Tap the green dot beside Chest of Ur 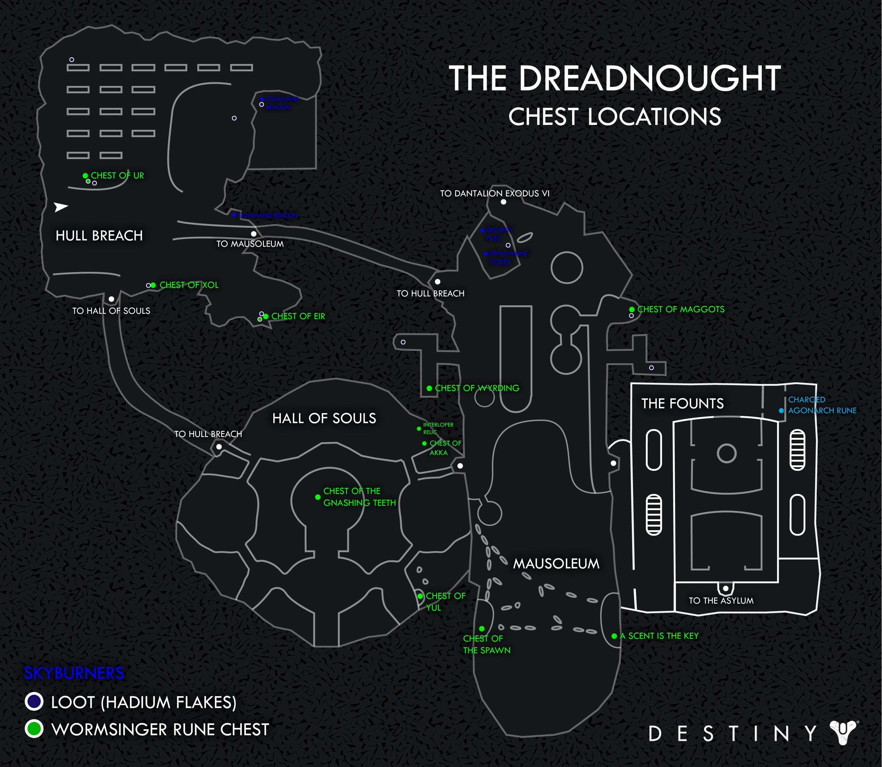click(x=86, y=176)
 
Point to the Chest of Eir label click(x=298, y=316)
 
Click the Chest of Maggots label click(x=681, y=309)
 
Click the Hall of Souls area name click(x=324, y=418)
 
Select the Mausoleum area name click(x=556, y=564)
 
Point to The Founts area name click(x=682, y=403)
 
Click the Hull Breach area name click(x=99, y=236)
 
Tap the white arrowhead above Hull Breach click(x=61, y=207)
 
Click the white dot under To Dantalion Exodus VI click(x=503, y=202)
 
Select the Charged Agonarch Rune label click(x=821, y=405)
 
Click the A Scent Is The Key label click(x=659, y=636)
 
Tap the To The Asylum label click(x=721, y=601)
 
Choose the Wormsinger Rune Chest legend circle click(x=34, y=729)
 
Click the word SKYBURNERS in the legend click(x=74, y=673)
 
